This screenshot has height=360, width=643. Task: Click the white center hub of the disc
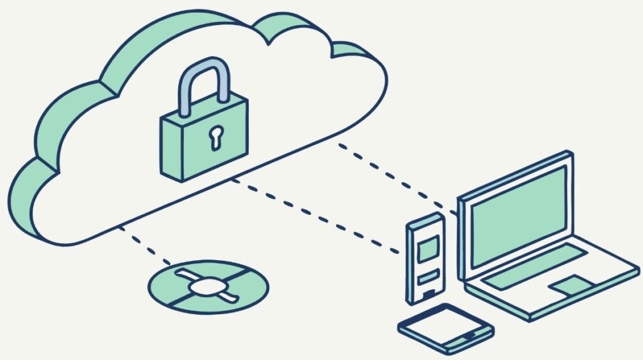(207, 287)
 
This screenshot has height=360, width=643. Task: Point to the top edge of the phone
(425, 221)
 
